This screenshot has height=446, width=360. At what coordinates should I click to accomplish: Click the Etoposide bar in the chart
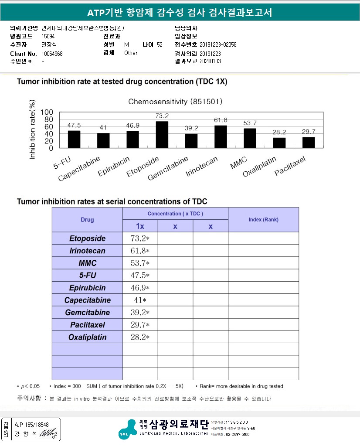(162, 135)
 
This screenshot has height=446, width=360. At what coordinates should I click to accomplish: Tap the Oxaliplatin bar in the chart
(279, 143)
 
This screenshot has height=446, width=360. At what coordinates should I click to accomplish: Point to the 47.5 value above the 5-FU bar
(74, 126)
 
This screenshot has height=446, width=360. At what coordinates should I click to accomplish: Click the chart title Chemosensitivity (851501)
(176, 102)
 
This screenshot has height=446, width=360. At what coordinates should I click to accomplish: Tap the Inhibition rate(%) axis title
(32, 130)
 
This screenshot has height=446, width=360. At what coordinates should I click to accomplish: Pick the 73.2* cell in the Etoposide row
(140, 238)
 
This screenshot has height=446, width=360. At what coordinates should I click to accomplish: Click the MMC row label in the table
(87, 263)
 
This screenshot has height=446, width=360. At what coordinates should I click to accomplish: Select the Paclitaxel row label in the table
(87, 325)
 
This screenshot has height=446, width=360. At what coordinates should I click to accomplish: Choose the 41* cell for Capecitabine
(140, 300)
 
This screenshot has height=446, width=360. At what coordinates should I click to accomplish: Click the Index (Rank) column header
(263, 219)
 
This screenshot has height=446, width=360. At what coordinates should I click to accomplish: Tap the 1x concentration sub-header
(140, 226)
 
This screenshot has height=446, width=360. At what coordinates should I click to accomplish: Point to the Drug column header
(87, 220)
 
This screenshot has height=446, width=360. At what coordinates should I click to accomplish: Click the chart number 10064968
(52, 54)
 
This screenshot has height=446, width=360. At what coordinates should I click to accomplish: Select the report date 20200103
(210, 61)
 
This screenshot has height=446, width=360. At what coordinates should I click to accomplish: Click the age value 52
(160, 45)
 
